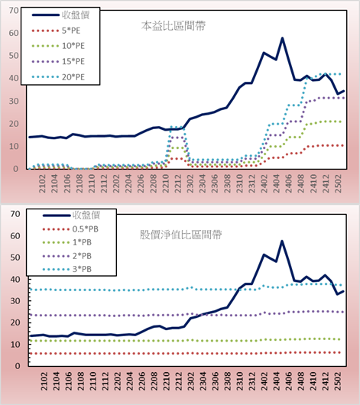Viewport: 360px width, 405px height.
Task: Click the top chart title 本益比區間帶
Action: [174, 26]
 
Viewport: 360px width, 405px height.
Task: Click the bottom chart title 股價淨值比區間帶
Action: [181, 235]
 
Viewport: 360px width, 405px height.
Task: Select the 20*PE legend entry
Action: [58, 77]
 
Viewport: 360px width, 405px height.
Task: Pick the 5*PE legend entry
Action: [56, 31]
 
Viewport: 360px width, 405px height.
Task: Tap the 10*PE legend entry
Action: [58, 46]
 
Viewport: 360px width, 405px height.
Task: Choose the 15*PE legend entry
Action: [58, 61]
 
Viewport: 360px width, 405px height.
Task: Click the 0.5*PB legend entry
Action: [70, 229]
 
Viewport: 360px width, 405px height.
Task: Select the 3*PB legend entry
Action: [67, 269]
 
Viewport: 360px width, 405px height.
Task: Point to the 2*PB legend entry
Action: [67, 256]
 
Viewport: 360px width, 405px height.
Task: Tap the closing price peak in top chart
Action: [283, 38]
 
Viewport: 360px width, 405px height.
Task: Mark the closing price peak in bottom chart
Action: [282, 241]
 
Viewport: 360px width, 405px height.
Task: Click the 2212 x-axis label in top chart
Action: [178, 183]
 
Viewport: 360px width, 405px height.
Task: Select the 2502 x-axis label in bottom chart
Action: [338, 381]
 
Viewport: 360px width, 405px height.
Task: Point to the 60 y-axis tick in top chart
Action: [14, 33]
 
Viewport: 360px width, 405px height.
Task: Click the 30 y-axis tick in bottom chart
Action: [15, 301]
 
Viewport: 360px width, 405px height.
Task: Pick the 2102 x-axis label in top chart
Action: [42, 183]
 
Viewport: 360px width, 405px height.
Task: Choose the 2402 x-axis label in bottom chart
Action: [264, 381]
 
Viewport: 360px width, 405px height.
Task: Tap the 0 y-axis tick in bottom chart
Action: [18, 366]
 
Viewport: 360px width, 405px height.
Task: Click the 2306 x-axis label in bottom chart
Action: [215, 381]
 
